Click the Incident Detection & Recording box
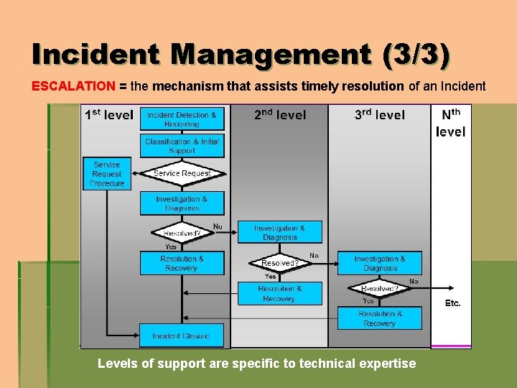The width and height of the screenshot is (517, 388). click(x=182, y=119)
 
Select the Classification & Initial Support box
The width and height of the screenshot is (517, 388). click(x=182, y=146)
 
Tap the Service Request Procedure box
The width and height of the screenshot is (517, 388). click(x=107, y=174)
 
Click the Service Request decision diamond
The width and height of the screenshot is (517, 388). click(x=182, y=173)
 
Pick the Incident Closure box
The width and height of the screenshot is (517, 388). click(x=182, y=336)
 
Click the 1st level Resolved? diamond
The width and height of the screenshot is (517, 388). click(x=182, y=233)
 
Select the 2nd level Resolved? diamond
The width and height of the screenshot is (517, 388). click(x=279, y=263)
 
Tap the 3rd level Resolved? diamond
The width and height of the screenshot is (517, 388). click(x=379, y=289)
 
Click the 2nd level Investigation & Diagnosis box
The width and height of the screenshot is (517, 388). click(x=279, y=233)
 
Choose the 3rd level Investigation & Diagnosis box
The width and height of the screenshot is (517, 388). click(x=379, y=263)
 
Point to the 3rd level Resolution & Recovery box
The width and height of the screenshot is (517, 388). click(x=379, y=318)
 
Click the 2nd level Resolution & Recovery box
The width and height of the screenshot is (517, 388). click(x=279, y=293)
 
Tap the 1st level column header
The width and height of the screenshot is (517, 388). click(x=108, y=114)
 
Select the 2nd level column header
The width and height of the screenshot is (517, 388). click(x=280, y=114)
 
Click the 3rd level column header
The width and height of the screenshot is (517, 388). click(x=379, y=114)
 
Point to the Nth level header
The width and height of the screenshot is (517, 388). click(x=451, y=123)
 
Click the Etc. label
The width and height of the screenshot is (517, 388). click(x=452, y=303)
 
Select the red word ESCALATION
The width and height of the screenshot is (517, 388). click(x=73, y=86)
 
